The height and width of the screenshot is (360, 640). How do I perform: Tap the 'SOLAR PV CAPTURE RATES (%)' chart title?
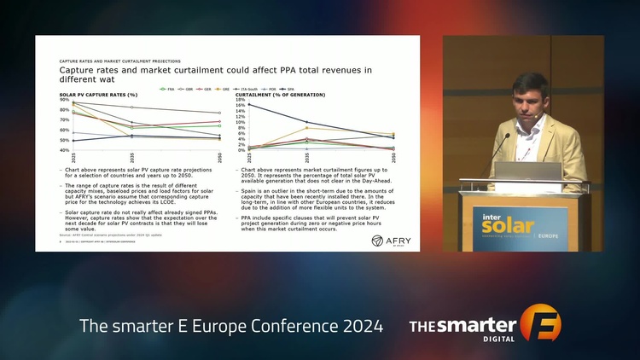pyautogui.click(x=98, y=95)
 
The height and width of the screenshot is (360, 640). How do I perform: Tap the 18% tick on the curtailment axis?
pyautogui.click(x=240, y=100)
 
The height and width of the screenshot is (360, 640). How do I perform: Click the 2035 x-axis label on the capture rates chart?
pyautogui.click(x=131, y=158)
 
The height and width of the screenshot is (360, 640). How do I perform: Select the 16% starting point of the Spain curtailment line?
pyautogui.click(x=249, y=106)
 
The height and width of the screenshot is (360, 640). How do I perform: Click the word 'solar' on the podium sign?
pyautogui.click(x=508, y=228)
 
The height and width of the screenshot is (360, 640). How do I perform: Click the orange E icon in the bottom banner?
pyautogui.click(x=539, y=327)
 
